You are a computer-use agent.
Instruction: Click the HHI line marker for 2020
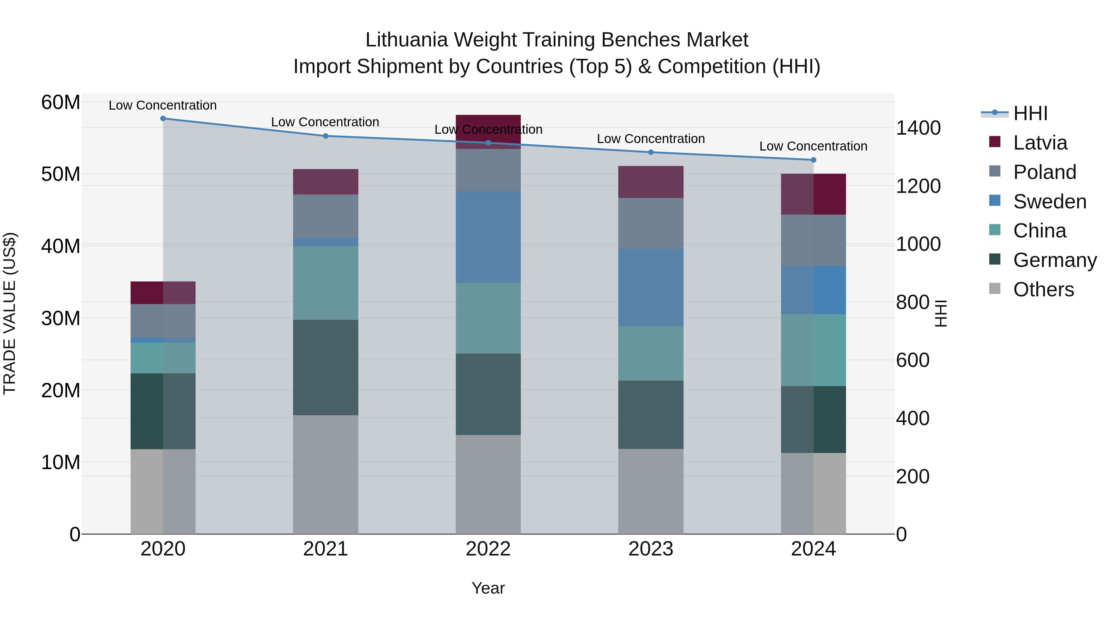click(x=163, y=119)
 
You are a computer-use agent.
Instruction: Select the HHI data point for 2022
click(x=488, y=143)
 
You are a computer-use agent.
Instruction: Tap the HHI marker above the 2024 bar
click(x=814, y=160)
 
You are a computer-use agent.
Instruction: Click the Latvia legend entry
click(x=1040, y=143)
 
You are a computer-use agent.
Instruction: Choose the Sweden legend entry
click(x=1050, y=202)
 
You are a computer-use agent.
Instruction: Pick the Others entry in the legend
click(x=1043, y=290)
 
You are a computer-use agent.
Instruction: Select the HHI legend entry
click(x=1030, y=113)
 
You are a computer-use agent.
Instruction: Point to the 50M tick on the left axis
click(x=61, y=174)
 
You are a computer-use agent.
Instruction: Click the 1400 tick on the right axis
click(x=918, y=128)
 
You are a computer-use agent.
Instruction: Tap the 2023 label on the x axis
click(x=651, y=549)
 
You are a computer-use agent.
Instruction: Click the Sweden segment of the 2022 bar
click(x=488, y=237)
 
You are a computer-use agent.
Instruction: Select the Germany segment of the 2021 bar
click(x=326, y=367)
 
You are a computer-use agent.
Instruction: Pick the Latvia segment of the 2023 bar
click(x=651, y=182)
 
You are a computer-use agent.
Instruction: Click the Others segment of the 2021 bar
click(x=326, y=474)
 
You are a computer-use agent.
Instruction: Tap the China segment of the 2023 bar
click(x=651, y=353)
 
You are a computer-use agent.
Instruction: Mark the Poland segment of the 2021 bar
click(x=326, y=216)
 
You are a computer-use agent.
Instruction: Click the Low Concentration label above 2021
click(x=325, y=122)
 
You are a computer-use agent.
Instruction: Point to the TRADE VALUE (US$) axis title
click(x=10, y=313)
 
